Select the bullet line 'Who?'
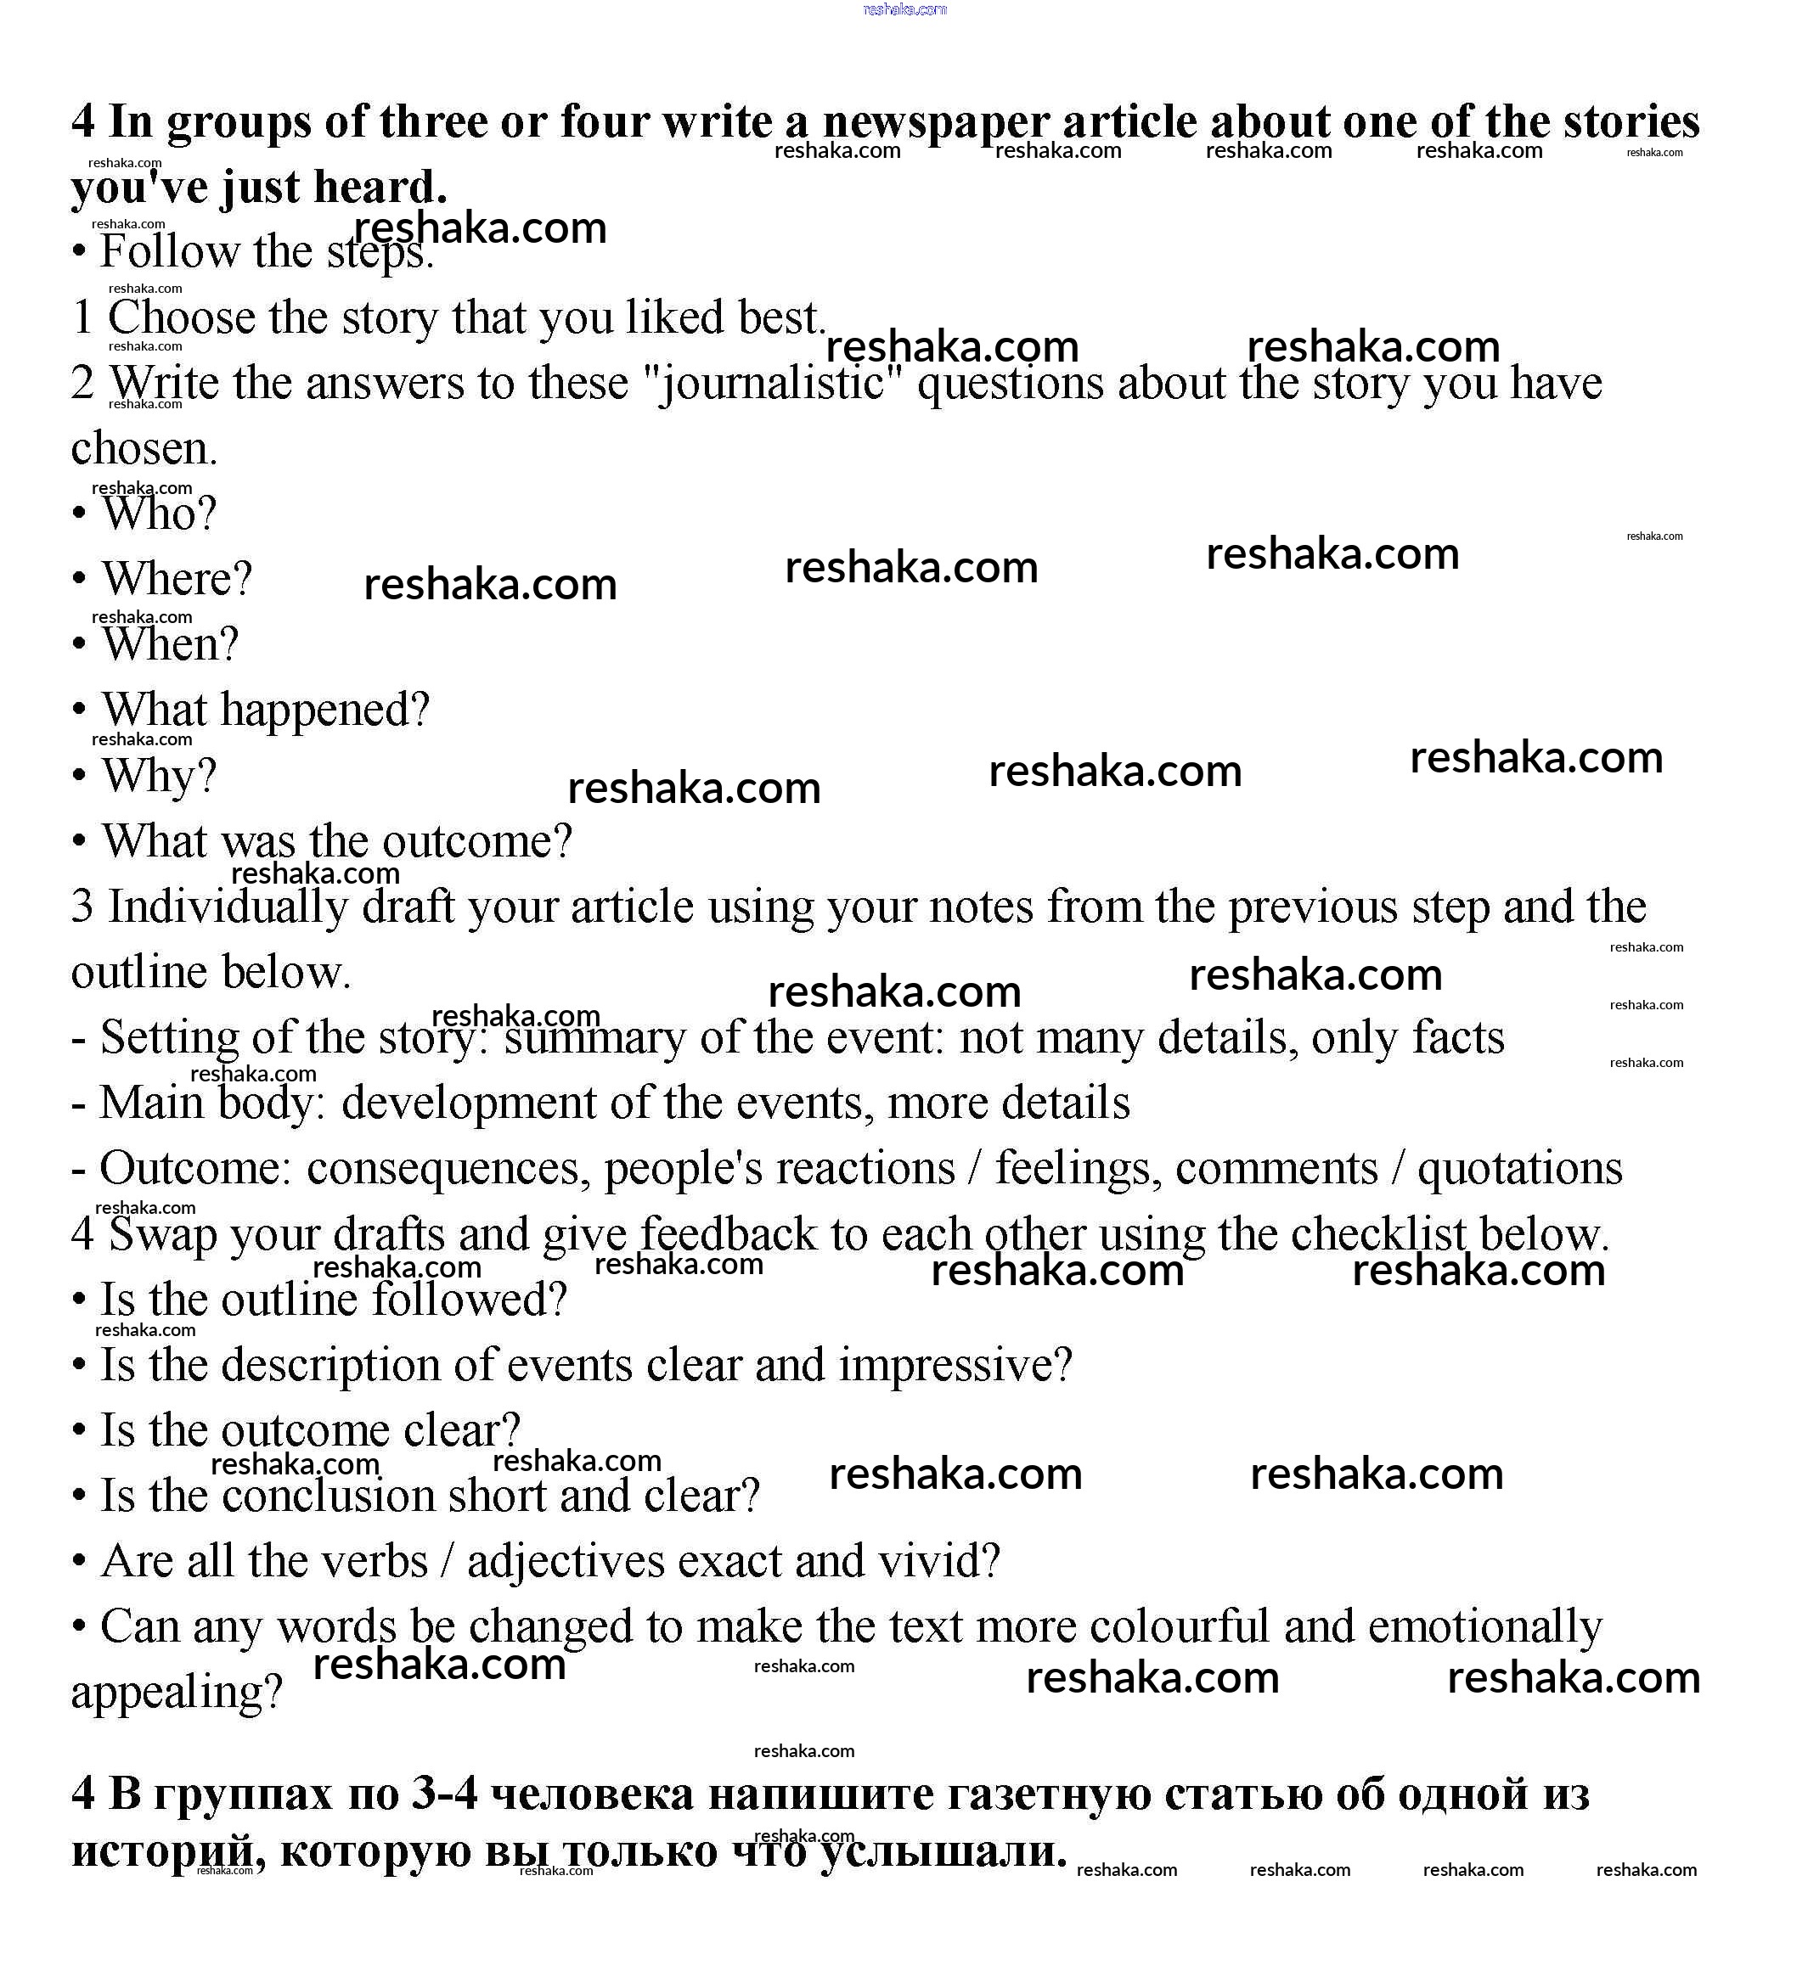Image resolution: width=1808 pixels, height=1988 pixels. [x=158, y=514]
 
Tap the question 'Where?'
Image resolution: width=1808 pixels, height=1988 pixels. [x=177, y=579]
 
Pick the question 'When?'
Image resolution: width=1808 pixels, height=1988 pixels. [x=170, y=645]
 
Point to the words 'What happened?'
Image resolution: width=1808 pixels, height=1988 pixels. [x=265, y=710]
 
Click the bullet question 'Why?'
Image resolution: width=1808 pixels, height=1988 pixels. [x=158, y=776]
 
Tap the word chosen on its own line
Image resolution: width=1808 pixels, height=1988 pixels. [x=143, y=449]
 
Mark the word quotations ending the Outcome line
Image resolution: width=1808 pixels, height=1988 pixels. [x=1519, y=1169]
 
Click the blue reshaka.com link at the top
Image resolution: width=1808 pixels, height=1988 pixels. [x=904, y=10]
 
